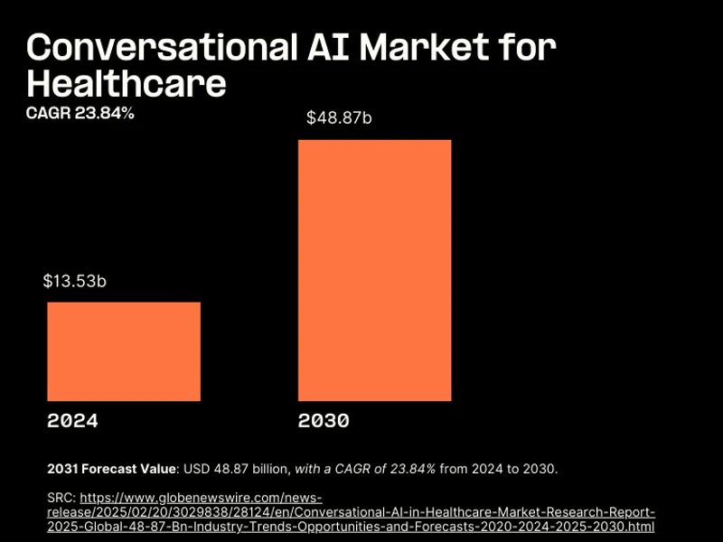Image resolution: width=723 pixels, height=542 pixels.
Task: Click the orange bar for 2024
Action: click(x=124, y=351)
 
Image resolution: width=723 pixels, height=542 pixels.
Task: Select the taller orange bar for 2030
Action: click(x=374, y=270)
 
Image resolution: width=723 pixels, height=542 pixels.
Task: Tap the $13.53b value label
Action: click(x=75, y=281)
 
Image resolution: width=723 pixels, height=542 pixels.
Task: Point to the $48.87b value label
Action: click(x=339, y=117)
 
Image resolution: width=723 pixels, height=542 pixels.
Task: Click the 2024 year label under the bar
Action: click(x=72, y=421)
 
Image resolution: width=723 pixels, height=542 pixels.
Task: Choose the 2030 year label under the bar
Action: click(x=324, y=421)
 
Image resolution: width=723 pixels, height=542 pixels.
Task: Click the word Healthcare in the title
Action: click(x=127, y=83)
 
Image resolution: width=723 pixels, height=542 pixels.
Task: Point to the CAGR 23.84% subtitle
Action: click(x=80, y=113)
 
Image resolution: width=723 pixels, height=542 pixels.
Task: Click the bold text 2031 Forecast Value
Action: click(x=111, y=468)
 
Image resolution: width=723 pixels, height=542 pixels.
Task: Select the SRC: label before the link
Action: click(x=61, y=498)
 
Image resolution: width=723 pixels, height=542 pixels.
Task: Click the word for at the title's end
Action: click(x=531, y=47)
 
